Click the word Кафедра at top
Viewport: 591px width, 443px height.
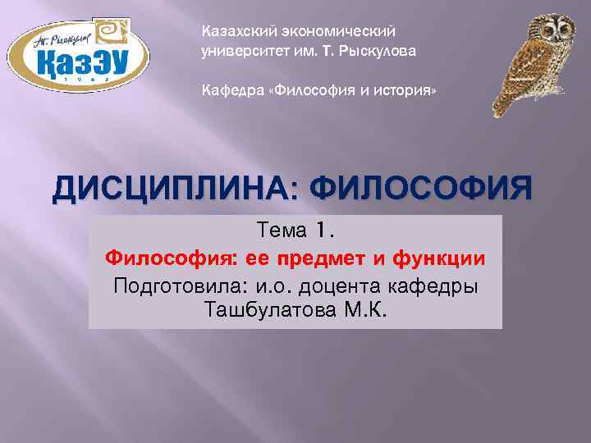pyautogui.click(x=229, y=90)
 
